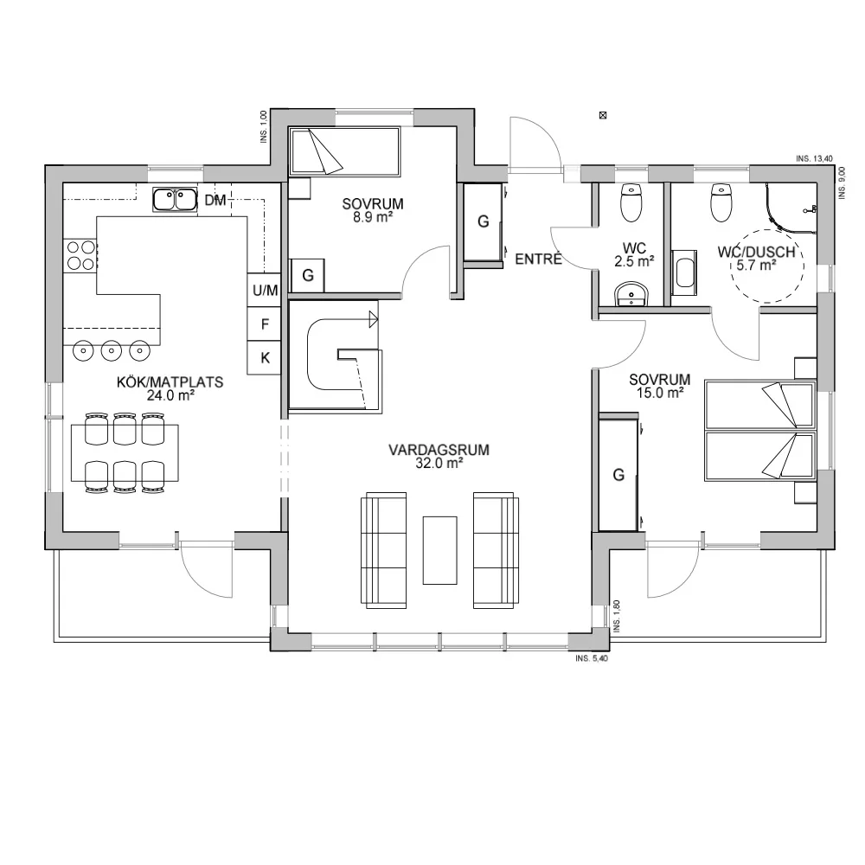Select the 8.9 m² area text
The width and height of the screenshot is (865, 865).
click(x=373, y=218)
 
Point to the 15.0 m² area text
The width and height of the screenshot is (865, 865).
click(x=660, y=392)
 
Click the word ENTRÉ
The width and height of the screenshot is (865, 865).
click(x=539, y=259)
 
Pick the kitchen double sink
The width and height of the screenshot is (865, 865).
click(x=175, y=200)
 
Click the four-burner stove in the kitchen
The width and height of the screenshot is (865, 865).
click(x=81, y=255)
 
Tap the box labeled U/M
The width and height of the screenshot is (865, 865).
click(x=265, y=291)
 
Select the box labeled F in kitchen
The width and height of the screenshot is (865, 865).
click(x=265, y=324)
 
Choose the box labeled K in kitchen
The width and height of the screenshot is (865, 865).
click(x=265, y=357)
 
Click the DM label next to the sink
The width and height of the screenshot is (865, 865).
click(x=215, y=201)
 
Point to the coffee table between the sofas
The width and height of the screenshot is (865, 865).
click(x=439, y=549)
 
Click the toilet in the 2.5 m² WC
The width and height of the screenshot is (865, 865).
click(x=631, y=204)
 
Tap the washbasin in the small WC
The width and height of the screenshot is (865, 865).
click(x=631, y=295)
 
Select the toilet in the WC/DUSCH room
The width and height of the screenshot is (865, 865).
click(x=721, y=203)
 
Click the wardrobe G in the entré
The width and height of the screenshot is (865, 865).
click(x=484, y=222)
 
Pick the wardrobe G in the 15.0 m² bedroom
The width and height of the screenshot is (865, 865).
click(x=618, y=474)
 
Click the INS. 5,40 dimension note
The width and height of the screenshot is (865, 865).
click(x=593, y=658)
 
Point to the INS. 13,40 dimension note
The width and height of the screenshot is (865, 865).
click(x=814, y=159)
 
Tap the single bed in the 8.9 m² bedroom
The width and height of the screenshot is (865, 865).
click(x=343, y=151)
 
